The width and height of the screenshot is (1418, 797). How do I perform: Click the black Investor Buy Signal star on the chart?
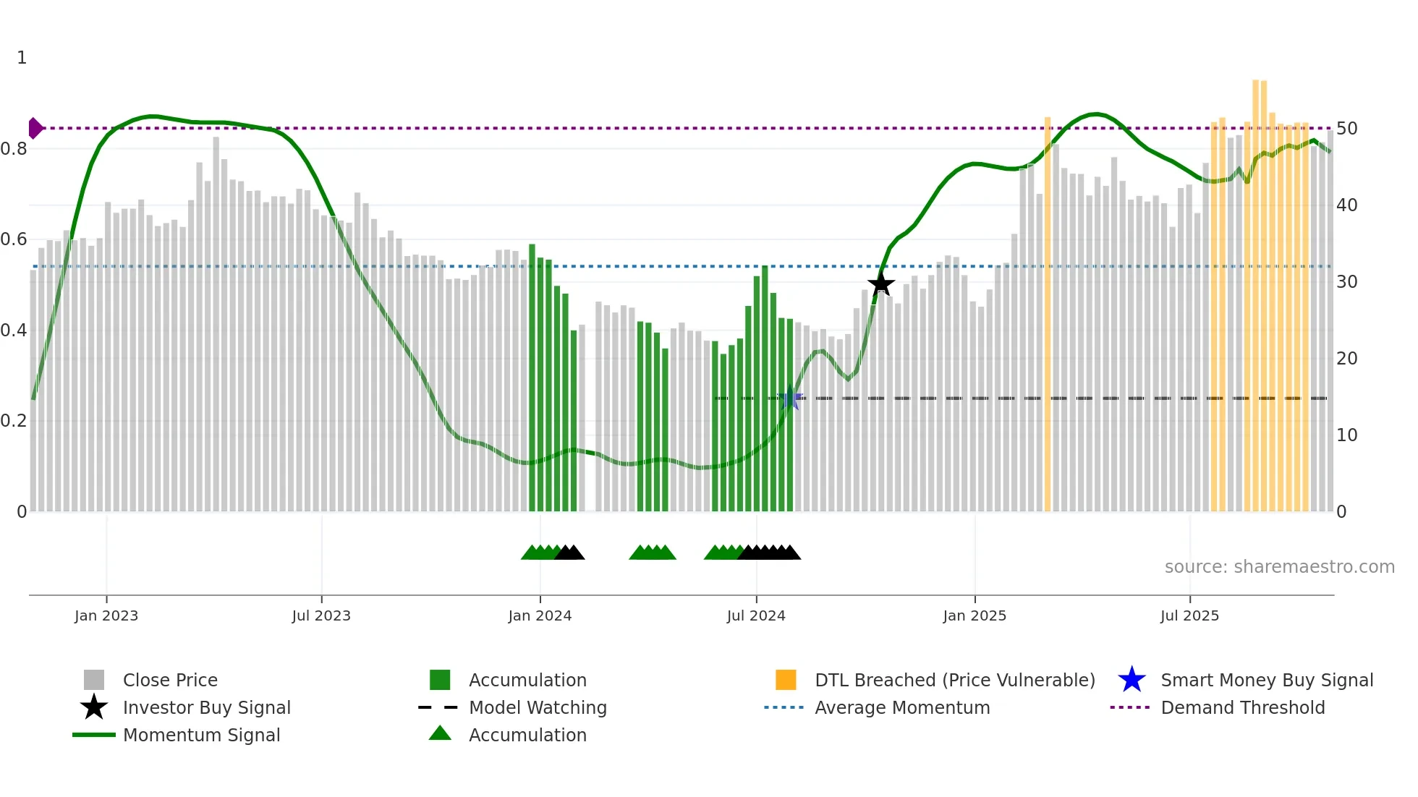[880, 284]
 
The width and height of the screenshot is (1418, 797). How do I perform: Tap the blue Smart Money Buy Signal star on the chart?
[790, 399]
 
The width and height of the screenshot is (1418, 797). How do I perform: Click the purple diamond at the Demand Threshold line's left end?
[35, 128]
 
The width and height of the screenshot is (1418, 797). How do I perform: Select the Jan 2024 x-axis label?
[540, 616]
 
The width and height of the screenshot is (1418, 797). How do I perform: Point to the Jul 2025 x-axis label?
[1189, 616]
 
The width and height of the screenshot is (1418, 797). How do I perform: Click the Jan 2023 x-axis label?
[106, 616]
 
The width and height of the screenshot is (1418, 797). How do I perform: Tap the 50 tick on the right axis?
[1346, 129]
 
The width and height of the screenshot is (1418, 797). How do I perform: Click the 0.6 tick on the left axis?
[14, 239]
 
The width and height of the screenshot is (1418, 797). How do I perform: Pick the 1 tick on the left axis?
[22, 58]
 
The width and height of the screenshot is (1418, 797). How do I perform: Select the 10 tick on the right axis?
[1346, 435]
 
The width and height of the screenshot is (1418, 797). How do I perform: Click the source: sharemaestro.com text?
[1279, 567]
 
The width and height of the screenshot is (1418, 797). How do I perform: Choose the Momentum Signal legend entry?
[201, 736]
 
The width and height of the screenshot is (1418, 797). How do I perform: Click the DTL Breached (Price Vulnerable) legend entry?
[954, 681]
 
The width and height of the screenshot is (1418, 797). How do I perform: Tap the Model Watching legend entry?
[537, 708]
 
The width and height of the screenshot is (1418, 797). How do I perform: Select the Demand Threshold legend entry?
[1242, 708]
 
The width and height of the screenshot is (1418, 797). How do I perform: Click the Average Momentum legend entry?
[901, 708]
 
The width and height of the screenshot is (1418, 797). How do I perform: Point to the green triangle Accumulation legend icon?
[440, 734]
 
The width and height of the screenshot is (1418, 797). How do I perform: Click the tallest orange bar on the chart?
[1256, 289]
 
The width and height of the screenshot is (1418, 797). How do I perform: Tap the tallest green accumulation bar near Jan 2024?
[532, 376]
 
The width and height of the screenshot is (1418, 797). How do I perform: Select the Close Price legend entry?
[169, 681]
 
